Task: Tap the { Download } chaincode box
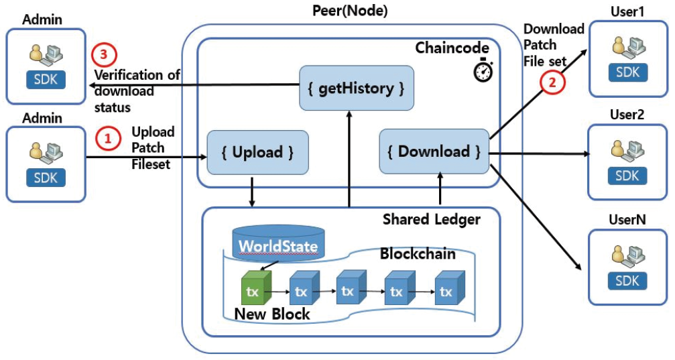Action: click(x=433, y=152)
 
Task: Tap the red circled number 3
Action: click(x=101, y=54)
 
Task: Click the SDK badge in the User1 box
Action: click(x=628, y=72)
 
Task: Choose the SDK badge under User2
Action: click(x=628, y=176)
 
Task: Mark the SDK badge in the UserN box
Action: click(x=628, y=280)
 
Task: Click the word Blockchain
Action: click(x=417, y=255)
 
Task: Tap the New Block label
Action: click(x=272, y=314)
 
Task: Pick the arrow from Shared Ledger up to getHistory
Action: click(x=349, y=161)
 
